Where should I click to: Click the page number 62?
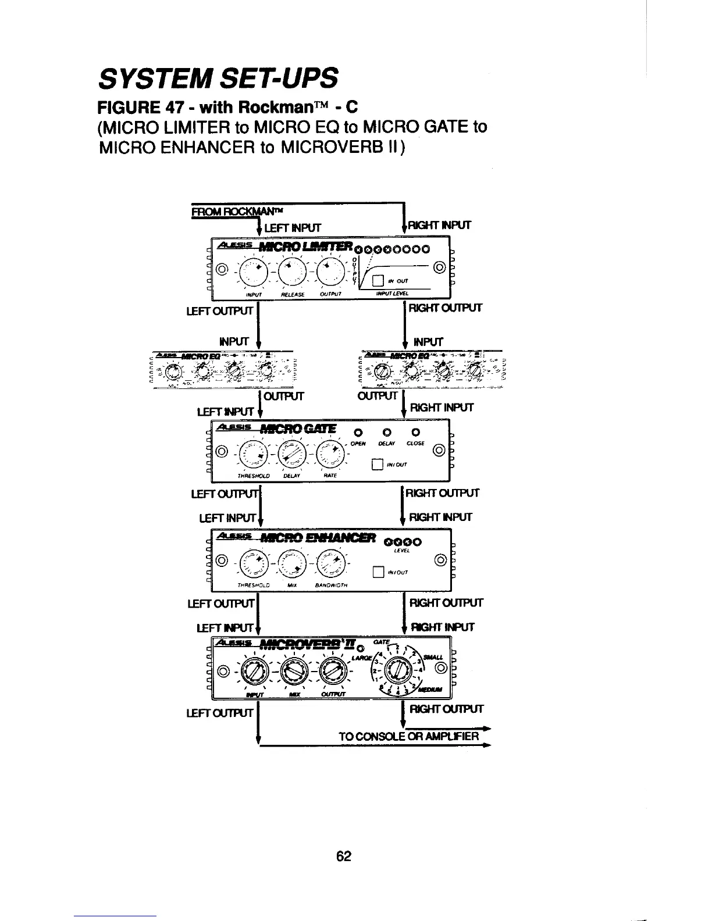pos(344,856)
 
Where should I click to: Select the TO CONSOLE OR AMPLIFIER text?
pos(409,737)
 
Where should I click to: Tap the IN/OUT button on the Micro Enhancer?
pos(378,571)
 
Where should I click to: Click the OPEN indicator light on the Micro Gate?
pos(359,433)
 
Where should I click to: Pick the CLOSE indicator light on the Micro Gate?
pos(415,433)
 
